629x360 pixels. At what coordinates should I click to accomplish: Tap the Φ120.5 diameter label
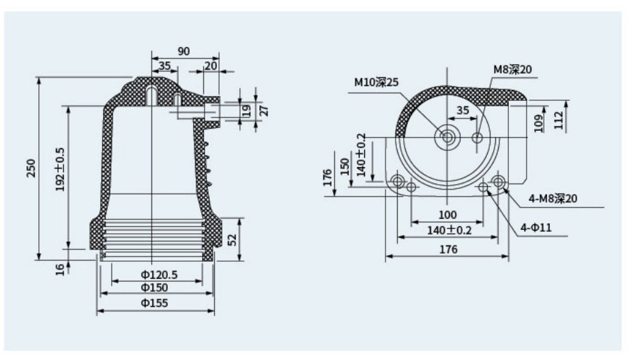click(159, 275)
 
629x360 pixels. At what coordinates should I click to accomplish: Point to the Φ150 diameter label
click(156, 288)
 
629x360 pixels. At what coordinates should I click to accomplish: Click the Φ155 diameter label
click(156, 303)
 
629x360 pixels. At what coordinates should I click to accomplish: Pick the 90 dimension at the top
click(184, 51)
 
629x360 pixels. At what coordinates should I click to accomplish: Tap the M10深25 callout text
click(376, 82)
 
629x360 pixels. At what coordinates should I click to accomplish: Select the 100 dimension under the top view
click(447, 216)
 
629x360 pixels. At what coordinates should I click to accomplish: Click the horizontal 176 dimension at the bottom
click(447, 250)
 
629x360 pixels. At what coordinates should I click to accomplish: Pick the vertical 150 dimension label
click(345, 165)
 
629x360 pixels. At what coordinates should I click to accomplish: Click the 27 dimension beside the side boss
click(263, 109)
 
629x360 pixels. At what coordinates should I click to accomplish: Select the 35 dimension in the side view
click(164, 65)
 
